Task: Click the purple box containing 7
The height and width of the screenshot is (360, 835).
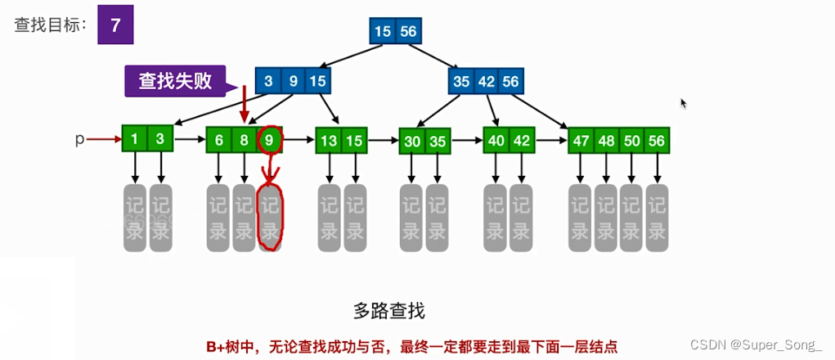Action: (x=115, y=25)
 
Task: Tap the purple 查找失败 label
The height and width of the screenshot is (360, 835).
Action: (x=175, y=81)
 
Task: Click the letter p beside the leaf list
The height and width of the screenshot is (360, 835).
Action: (x=79, y=139)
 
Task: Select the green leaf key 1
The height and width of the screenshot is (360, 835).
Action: (x=135, y=139)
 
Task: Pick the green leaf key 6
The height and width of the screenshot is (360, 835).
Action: (x=219, y=140)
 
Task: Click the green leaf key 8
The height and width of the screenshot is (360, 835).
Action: (x=245, y=140)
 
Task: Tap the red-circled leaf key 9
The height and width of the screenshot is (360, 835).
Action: (x=270, y=140)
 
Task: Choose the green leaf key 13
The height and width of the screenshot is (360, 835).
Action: (x=329, y=140)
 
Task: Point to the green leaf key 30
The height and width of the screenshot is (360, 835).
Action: (x=412, y=141)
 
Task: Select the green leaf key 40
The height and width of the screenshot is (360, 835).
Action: (x=496, y=140)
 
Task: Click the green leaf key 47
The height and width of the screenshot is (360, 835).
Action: (x=581, y=140)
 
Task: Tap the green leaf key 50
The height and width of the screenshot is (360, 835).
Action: (x=631, y=140)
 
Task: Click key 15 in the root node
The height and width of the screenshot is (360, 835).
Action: (x=383, y=31)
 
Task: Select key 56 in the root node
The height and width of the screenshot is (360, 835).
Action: (x=407, y=31)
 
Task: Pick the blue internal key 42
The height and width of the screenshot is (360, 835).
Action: (x=486, y=81)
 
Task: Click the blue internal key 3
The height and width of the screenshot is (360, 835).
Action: (x=267, y=81)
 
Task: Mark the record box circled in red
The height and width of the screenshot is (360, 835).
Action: (x=270, y=217)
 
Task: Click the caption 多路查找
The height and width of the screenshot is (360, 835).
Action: (x=389, y=310)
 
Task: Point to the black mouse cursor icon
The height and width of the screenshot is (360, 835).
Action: (x=684, y=103)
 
